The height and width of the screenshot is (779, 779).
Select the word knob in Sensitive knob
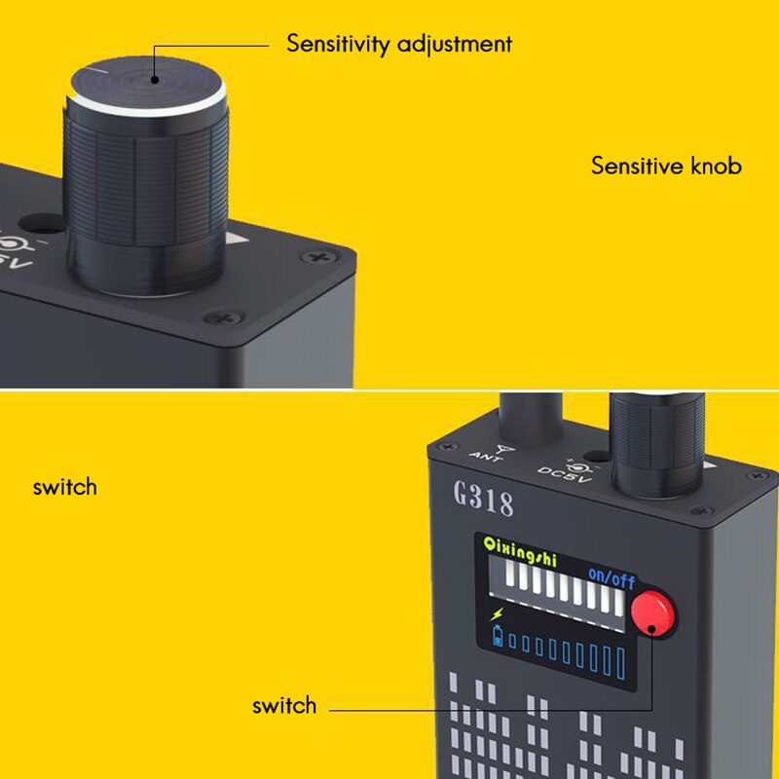coord(716,166)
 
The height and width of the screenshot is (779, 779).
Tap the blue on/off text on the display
coord(611,579)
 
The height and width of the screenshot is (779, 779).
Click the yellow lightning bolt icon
coord(499,615)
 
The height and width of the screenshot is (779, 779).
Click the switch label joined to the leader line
coord(284,706)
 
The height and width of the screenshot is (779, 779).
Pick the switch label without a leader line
coord(64,486)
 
